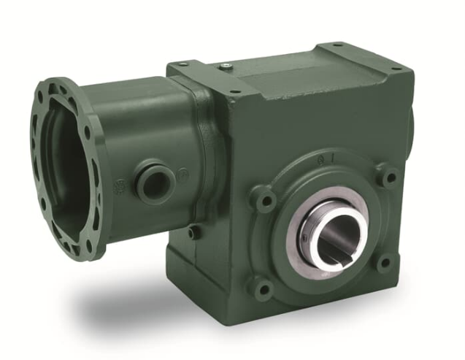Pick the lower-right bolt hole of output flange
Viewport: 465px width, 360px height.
pyautogui.click(x=384, y=261)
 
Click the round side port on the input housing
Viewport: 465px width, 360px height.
pyautogui.click(x=154, y=181)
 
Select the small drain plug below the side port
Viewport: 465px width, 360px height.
pyautogui.click(x=192, y=232)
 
